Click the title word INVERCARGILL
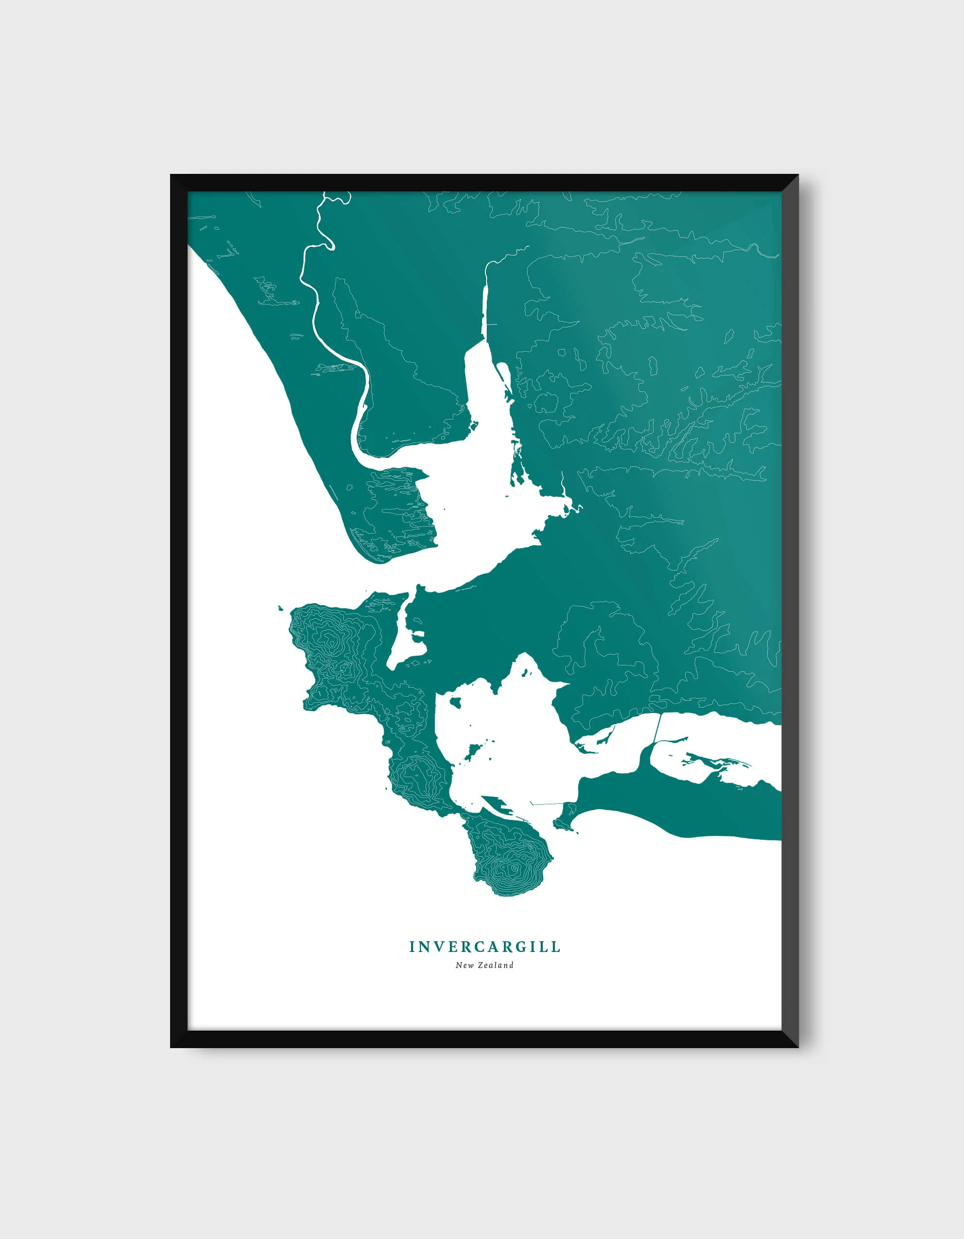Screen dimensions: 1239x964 pos(484,947)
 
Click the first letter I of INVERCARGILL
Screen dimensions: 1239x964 pos(413,947)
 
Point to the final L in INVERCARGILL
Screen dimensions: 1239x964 pos(557,947)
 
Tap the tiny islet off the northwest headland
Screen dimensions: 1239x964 pos(280,609)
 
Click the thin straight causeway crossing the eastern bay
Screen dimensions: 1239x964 pos(657,729)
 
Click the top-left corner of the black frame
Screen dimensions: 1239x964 pos(172,175)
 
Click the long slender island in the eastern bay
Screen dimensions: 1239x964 pos(718,760)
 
